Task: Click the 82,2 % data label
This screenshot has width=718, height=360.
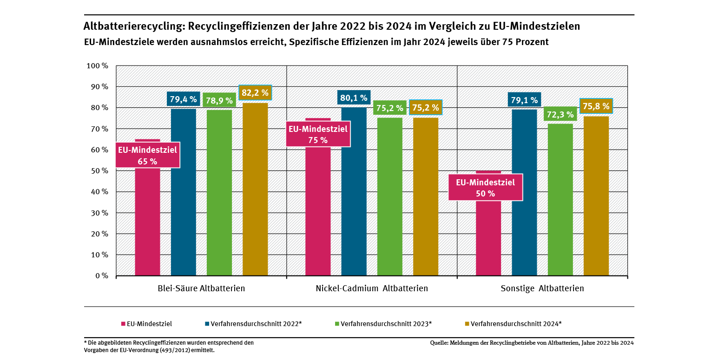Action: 255,92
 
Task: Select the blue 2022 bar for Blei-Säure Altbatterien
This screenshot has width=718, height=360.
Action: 183,195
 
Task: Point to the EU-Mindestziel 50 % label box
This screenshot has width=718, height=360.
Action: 486,188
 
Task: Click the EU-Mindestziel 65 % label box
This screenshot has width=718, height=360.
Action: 147,156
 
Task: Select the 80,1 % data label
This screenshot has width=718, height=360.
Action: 354,98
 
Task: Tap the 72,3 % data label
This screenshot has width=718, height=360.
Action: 560,114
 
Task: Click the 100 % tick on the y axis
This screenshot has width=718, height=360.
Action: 98,66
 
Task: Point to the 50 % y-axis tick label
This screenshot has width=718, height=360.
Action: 99,171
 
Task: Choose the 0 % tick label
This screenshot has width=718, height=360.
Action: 101,276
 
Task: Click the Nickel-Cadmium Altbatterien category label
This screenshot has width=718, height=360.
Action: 372,288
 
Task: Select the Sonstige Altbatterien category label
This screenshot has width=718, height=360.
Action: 542,288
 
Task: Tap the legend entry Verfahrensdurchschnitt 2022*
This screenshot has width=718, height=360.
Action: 256,323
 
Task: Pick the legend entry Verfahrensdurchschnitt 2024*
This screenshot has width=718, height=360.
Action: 516,323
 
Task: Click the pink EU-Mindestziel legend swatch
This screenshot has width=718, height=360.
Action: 124,324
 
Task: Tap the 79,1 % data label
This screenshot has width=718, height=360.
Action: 524,100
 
